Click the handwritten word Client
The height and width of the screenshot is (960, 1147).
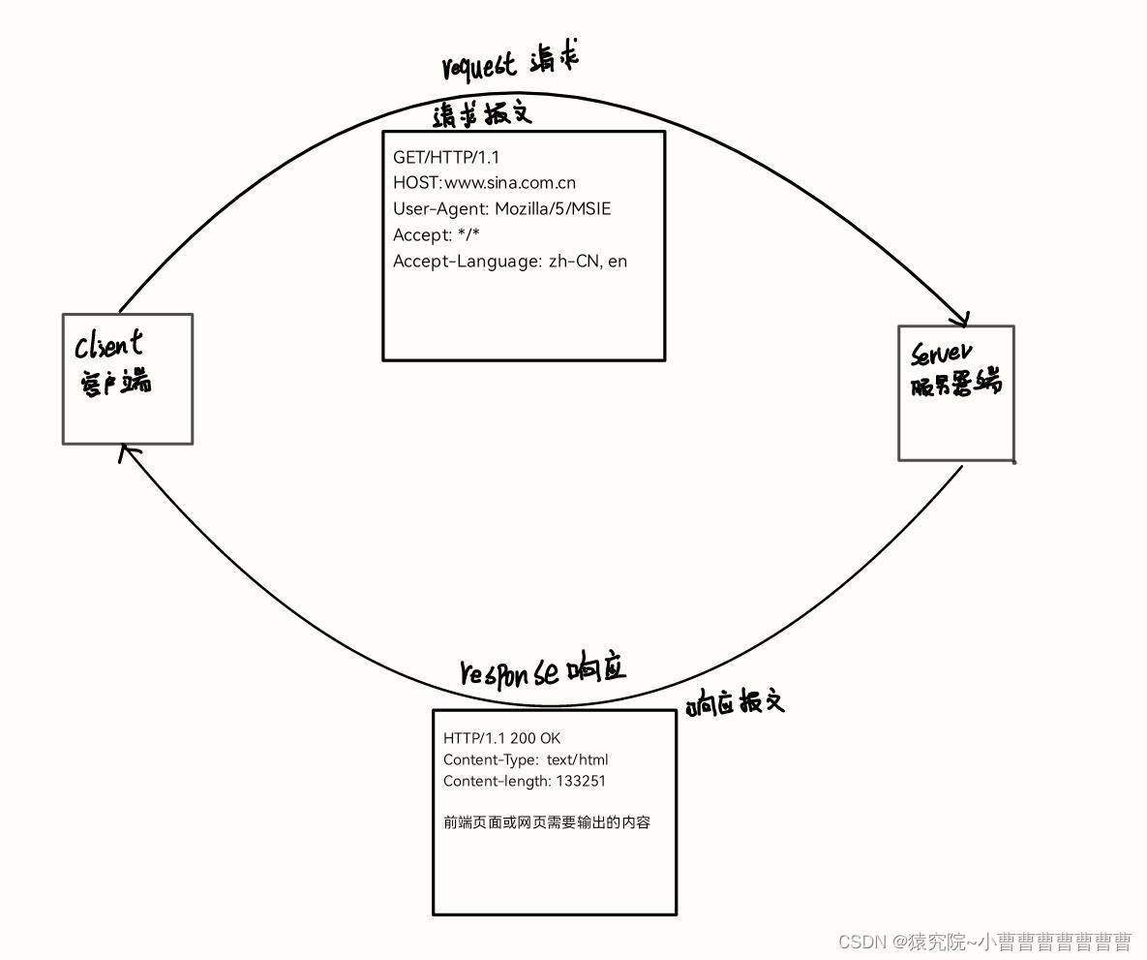click(109, 344)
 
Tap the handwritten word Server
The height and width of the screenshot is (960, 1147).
click(941, 354)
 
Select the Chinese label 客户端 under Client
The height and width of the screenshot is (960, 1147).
click(114, 383)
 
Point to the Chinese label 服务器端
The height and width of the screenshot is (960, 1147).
click(955, 385)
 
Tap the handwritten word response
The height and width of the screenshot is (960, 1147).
click(509, 673)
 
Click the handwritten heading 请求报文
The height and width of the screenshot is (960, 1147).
click(482, 115)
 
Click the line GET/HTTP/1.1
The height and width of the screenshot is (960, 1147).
click(446, 157)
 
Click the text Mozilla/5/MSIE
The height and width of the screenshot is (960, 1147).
click(553, 208)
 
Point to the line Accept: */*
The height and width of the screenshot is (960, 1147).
click(437, 234)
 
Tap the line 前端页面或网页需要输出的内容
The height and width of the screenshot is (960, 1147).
click(547, 822)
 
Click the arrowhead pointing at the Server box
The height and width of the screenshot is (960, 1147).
click(961, 320)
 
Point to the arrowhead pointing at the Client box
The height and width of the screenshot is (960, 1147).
click(126, 450)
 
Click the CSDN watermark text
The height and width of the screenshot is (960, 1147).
click(984, 942)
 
